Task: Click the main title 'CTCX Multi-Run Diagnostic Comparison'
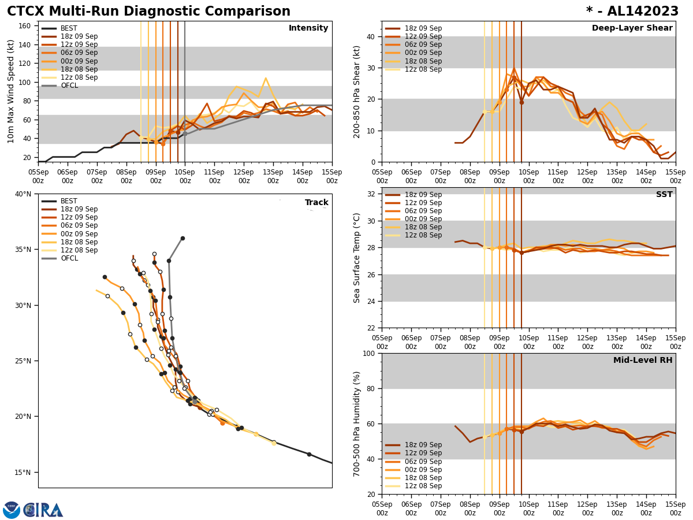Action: [x=148, y=12]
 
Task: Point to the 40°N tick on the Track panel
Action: [x=24, y=194]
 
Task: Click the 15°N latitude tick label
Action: [x=24, y=472]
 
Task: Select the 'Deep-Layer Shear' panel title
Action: [x=632, y=28]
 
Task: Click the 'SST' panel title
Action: [x=664, y=195]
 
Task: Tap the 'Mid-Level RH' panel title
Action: [x=643, y=361]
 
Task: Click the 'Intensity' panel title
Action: [x=308, y=28]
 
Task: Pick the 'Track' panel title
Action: [x=316, y=203]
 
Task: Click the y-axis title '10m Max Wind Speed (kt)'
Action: [x=11, y=91]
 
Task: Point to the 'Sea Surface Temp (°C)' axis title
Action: [x=357, y=258]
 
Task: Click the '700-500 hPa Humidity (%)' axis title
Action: [x=357, y=424]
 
